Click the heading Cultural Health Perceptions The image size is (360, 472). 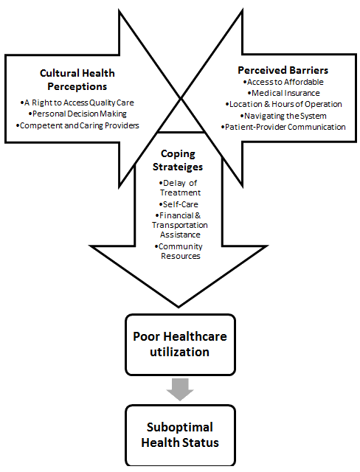coord(77,80)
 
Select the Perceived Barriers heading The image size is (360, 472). coord(283,70)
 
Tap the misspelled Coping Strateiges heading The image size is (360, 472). coord(178,160)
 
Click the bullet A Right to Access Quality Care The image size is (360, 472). coord(77,103)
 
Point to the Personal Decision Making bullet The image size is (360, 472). coord(77,114)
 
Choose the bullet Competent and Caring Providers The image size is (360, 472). coord(77,125)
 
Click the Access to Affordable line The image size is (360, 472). coord(283,82)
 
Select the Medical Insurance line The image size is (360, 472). coord(283,93)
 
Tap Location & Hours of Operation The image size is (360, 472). coord(283,104)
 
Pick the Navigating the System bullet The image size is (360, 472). coord(283,116)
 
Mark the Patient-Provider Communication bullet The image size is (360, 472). coord(283,127)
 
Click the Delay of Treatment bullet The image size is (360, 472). coord(180,188)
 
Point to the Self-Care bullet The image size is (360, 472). coord(179,204)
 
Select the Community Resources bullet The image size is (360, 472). coord(179,251)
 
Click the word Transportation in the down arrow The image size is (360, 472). coord(180,225)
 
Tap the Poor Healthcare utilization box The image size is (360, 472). coord(180,344)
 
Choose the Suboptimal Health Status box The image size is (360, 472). coord(180,435)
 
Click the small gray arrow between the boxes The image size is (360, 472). coord(180,389)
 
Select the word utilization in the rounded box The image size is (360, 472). coord(180,352)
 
